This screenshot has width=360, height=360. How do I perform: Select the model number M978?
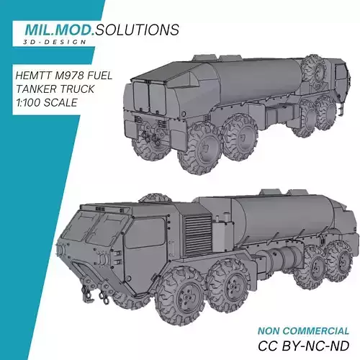[73, 74]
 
